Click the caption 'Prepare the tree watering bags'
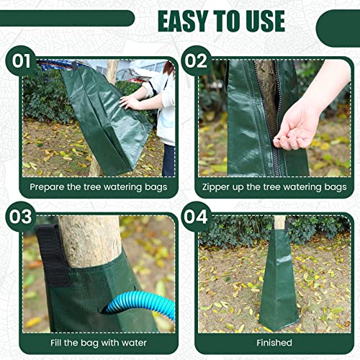pos(98,186)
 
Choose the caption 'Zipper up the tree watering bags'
pos(274,186)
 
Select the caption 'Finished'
pos(274,343)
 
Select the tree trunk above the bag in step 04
pos(278,222)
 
